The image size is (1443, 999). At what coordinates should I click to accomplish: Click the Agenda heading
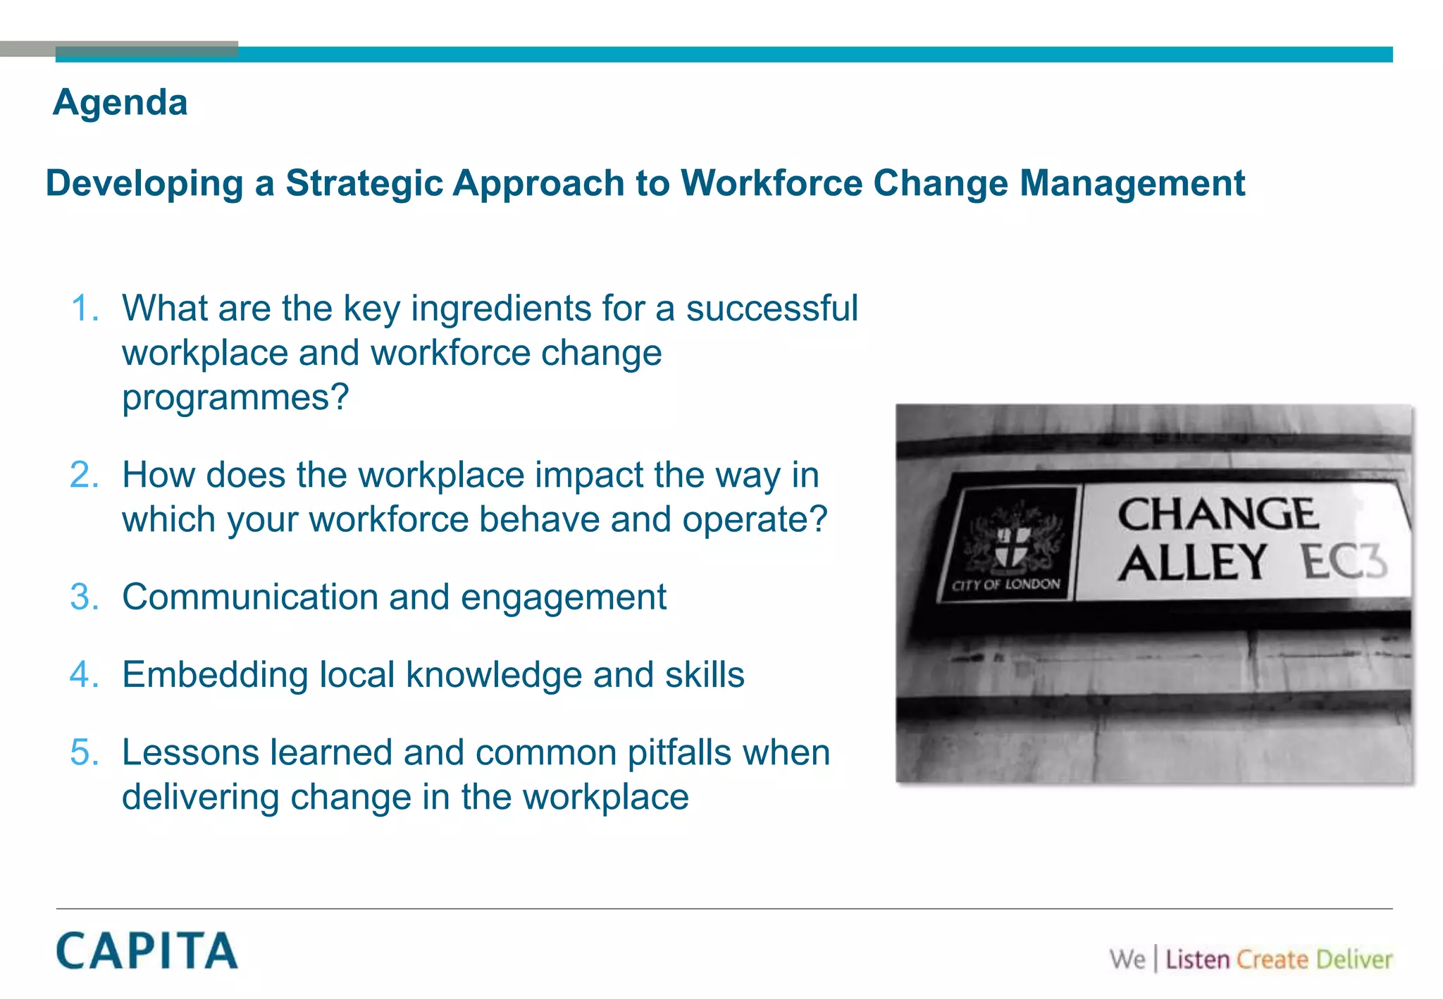tap(120, 103)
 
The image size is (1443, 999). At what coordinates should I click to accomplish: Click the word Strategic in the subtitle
tap(364, 183)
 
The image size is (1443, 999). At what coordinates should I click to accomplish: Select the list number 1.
tap(85, 309)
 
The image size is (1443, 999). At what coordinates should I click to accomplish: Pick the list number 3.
tap(85, 597)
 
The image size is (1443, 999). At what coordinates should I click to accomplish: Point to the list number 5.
tap(85, 752)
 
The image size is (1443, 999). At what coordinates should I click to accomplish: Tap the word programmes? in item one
tap(235, 397)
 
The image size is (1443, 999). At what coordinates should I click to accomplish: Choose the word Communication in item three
tap(250, 597)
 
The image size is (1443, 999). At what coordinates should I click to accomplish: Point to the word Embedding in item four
tap(215, 675)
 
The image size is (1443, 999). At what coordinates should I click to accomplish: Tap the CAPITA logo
tap(147, 951)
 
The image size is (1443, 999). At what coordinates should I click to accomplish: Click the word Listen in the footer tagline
tap(1197, 960)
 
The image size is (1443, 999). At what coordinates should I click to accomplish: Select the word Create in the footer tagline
tap(1272, 960)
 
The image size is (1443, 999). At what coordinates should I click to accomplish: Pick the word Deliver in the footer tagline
tap(1354, 960)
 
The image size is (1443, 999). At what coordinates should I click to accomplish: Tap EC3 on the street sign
tap(1344, 562)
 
